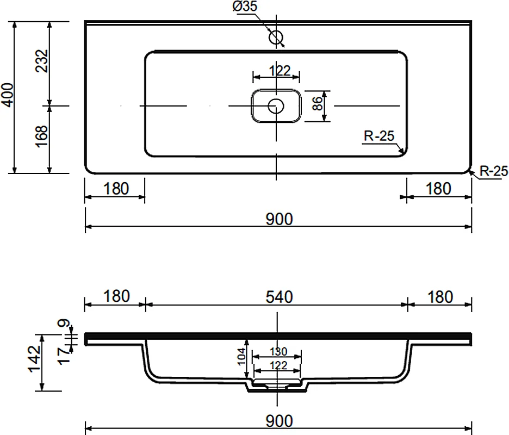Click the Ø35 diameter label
pos(245,6)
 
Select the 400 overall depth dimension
pos(7,94)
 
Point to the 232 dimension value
pos(42,61)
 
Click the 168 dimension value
pos(42,136)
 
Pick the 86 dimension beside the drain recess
pos(318,103)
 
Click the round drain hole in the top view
pos(276,106)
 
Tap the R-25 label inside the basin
pos(379,136)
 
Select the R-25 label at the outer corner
pos(494,171)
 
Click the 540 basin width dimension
pos(279,297)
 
